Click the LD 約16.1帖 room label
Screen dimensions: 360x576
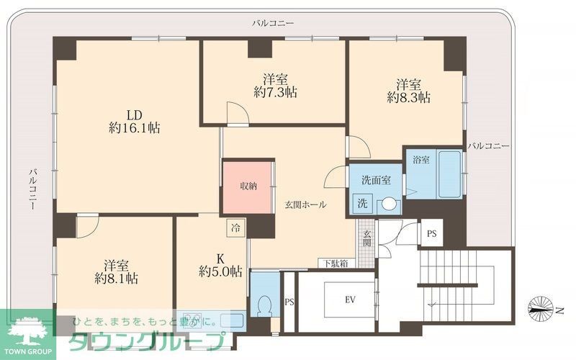coord(134,122)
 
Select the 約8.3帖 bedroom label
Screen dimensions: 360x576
coord(408,90)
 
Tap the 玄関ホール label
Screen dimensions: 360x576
coord(306,204)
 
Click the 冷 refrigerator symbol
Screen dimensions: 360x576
coord(235,228)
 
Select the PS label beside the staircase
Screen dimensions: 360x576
coord(431,233)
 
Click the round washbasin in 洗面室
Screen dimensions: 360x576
coord(388,204)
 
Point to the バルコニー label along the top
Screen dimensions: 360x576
coord(273,24)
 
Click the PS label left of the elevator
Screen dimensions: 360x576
coord(289,302)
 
